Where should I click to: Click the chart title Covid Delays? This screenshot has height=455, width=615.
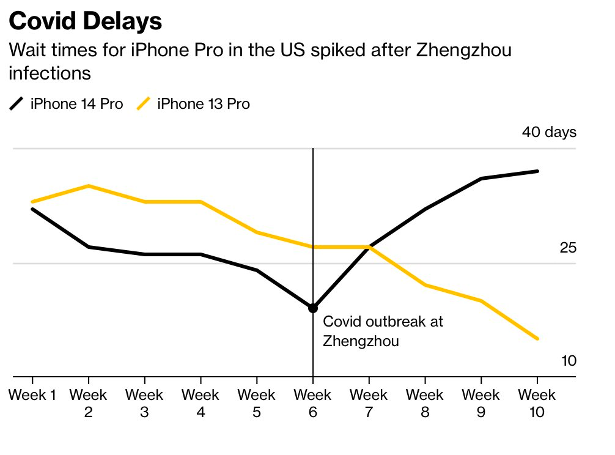[x=86, y=21]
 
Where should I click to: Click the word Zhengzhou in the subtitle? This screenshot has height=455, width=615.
[x=463, y=50]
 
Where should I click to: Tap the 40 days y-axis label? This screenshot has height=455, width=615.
[x=548, y=132]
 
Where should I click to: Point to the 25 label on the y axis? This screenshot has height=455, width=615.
[x=567, y=248]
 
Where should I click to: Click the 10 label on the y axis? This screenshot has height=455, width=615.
[x=568, y=361]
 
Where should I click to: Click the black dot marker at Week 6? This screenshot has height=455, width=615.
[x=313, y=308]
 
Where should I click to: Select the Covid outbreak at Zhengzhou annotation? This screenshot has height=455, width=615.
[x=383, y=331]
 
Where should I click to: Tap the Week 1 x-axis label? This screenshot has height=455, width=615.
[x=32, y=395]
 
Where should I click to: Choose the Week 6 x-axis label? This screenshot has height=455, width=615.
[x=313, y=404]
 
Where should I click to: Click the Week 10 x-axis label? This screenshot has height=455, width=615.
[x=537, y=404]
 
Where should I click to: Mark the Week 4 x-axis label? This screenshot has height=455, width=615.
[x=201, y=404]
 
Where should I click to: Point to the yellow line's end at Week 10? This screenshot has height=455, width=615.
[x=537, y=339]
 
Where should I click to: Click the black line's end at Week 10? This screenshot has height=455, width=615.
[x=537, y=171]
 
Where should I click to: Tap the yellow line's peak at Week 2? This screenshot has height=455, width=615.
[x=89, y=186]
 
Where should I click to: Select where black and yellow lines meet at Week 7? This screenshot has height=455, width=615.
[x=369, y=247]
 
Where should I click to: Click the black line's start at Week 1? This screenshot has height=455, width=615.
[x=32, y=209]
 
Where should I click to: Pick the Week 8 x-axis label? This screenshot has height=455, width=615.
[x=425, y=404]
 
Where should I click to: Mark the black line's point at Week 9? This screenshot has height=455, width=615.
[x=481, y=179]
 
